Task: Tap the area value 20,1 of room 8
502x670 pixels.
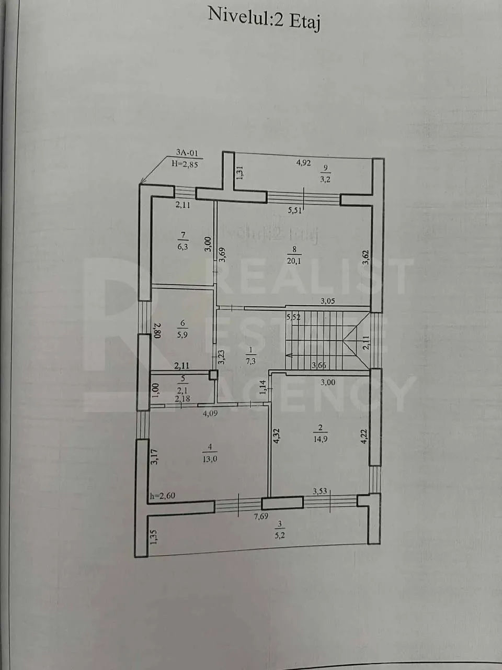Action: pos(294,261)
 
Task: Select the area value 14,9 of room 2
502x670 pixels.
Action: pos(321,439)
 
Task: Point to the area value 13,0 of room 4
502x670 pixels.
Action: pos(210,459)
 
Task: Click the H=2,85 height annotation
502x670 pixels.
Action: pos(185,164)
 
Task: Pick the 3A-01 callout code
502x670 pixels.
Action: pos(187,153)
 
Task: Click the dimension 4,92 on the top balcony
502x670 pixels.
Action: pos(304,163)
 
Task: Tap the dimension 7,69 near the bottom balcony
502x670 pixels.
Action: pos(261,517)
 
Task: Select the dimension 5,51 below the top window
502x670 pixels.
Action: pos(295,210)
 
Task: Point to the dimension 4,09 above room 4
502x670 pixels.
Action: pos(210,414)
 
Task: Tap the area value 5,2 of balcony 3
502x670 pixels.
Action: pos(279,535)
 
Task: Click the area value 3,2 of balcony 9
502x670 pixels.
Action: pos(325,179)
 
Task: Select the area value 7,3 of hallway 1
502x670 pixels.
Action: pos(250,362)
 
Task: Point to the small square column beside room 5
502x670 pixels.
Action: pos(213,375)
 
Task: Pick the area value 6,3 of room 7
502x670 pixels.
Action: pos(182,247)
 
